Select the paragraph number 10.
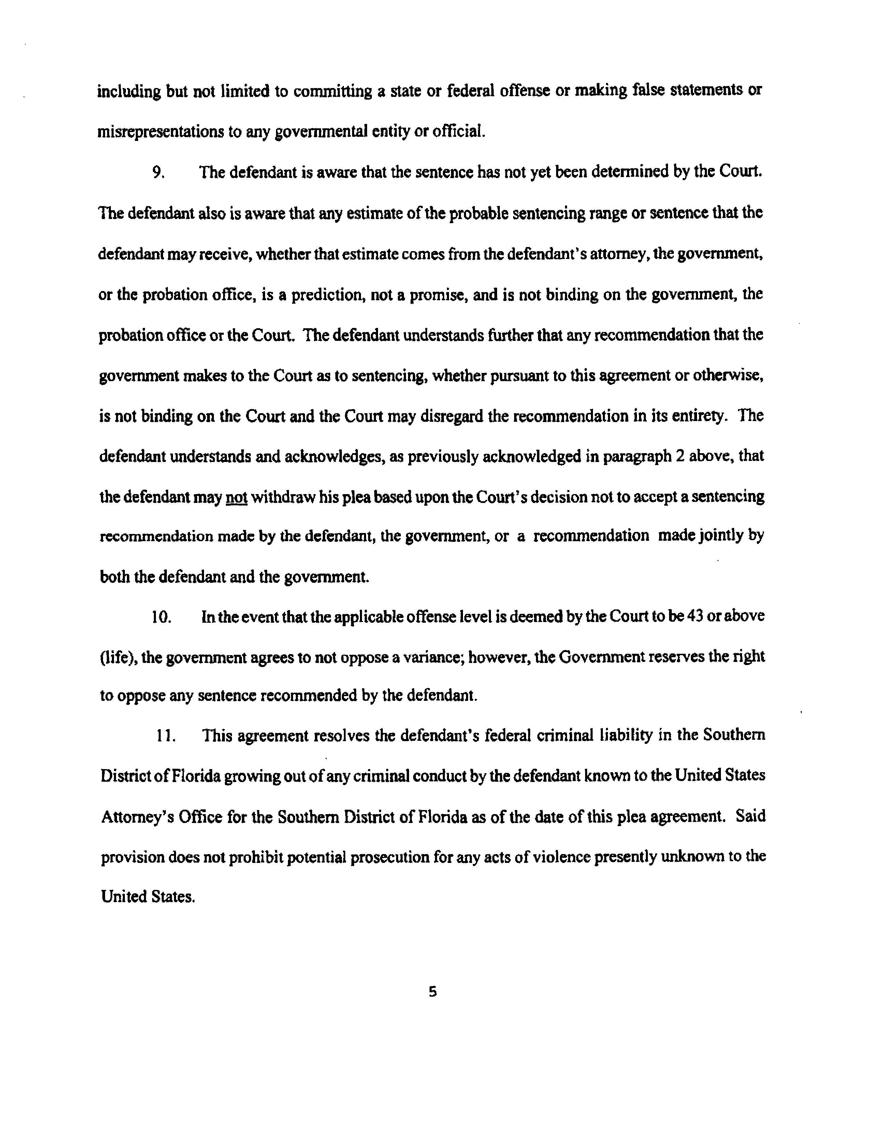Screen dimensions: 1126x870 [161, 618]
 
